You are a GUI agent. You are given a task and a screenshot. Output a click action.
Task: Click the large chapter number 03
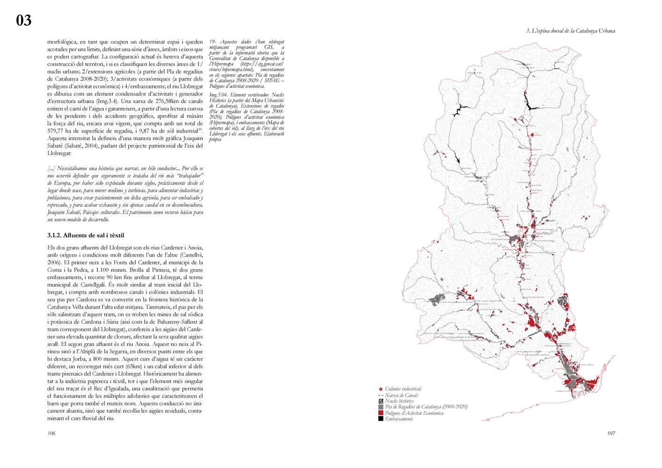pyautogui.click(x=23, y=20)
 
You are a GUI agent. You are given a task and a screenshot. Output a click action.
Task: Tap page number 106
pyautogui.click(x=51, y=433)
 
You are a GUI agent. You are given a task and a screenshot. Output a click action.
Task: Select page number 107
pyautogui.click(x=611, y=433)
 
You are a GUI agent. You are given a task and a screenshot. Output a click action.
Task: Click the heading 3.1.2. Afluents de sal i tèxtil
pyautogui.click(x=86, y=235)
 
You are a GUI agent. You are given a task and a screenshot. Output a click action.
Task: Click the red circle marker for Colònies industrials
pyautogui.click(x=381, y=389)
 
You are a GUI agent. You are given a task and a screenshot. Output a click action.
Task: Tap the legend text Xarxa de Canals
pyautogui.click(x=402, y=395)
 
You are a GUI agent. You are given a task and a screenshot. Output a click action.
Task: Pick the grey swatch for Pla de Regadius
pyautogui.click(x=381, y=407)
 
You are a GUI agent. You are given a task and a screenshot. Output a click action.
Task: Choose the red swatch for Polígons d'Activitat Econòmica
pyautogui.click(x=381, y=413)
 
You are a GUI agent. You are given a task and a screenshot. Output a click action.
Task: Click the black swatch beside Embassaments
pyautogui.click(x=381, y=419)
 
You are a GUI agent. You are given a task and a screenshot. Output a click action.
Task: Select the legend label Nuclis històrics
pyautogui.click(x=399, y=401)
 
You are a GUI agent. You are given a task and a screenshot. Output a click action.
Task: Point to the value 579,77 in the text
pyautogui.click(x=56, y=131)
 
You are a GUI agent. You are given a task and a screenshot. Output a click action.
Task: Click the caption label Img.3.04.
pyautogui.click(x=218, y=95)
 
